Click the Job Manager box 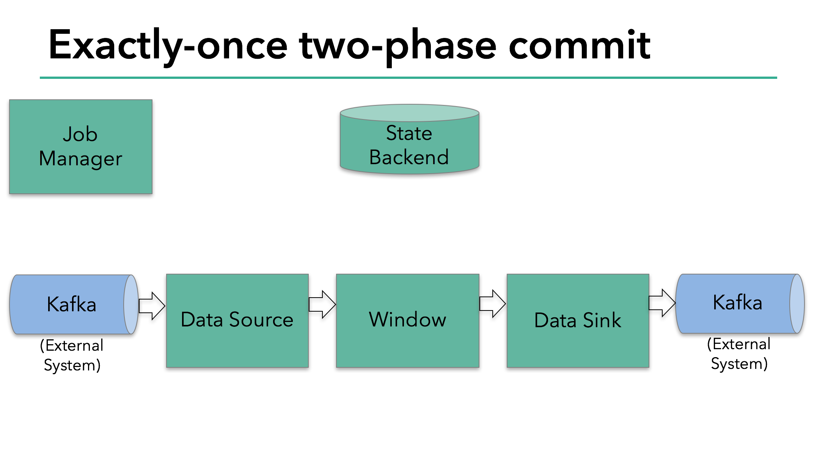pos(81,147)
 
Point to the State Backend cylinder pos(410,144)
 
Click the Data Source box pos(237,320)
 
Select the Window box pos(407,320)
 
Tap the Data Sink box pos(578,320)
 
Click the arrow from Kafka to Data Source pos(152,306)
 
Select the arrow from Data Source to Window pos(322,304)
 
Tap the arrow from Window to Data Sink pos(492,303)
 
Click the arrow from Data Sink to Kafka pos(662,303)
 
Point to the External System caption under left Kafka pos(72,355)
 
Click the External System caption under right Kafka pos(739,354)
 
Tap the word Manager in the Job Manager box pos(80,159)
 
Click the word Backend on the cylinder pos(409,157)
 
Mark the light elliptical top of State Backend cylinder pos(410,113)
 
